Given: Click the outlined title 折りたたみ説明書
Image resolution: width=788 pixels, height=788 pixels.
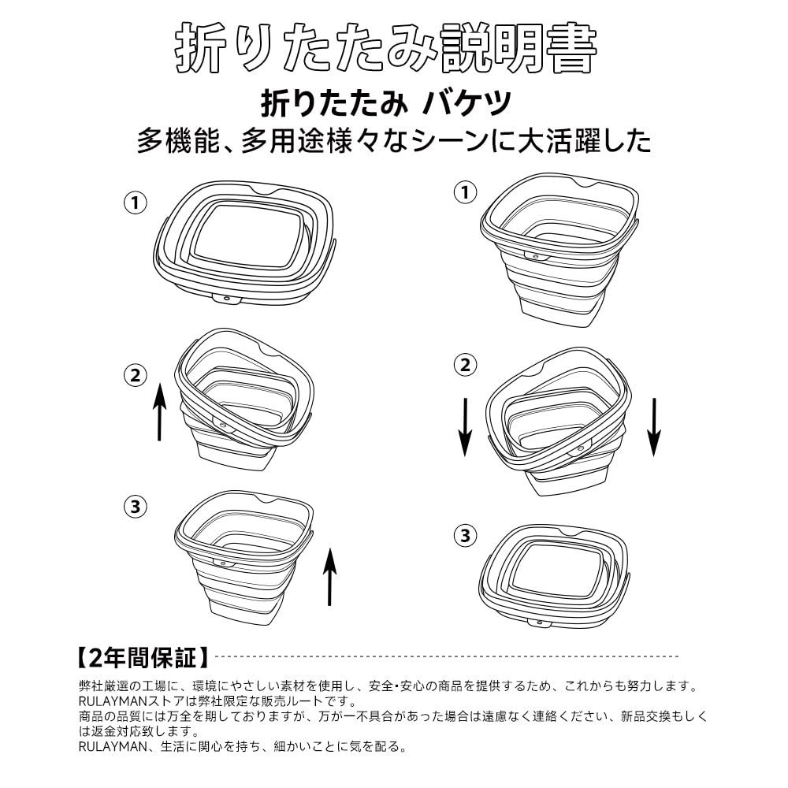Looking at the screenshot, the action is point(386,49).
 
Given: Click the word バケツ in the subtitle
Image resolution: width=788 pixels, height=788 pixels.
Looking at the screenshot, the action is point(466,103).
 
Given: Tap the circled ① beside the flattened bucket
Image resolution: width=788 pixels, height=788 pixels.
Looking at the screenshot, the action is point(136,203).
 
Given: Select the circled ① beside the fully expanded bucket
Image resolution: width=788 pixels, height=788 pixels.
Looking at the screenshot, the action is point(465,192).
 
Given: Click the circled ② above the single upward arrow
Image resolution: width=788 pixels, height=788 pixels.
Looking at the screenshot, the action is point(136,375).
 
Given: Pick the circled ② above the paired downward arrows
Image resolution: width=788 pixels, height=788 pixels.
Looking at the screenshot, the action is point(465,365).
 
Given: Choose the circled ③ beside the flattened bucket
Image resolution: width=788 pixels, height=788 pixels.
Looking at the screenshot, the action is point(465,535).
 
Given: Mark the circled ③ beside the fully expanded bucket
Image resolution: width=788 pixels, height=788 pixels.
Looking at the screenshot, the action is point(136,507).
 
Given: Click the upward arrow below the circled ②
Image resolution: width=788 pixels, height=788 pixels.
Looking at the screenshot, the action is point(159,411).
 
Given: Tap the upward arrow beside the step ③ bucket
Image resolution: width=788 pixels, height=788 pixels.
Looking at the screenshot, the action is point(329,577).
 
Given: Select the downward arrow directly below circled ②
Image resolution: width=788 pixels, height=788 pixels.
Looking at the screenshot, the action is point(466,427).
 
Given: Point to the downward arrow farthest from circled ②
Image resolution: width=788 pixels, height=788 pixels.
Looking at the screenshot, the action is point(654,427).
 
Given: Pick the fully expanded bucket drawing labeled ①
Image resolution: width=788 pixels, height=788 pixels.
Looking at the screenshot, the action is point(559,249).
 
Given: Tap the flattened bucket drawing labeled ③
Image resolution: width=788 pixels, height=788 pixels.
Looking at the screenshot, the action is point(554,576).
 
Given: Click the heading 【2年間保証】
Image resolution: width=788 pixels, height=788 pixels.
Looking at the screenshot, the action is point(143,657).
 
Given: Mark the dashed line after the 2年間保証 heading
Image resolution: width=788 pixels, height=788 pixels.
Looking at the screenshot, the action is point(446,656).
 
